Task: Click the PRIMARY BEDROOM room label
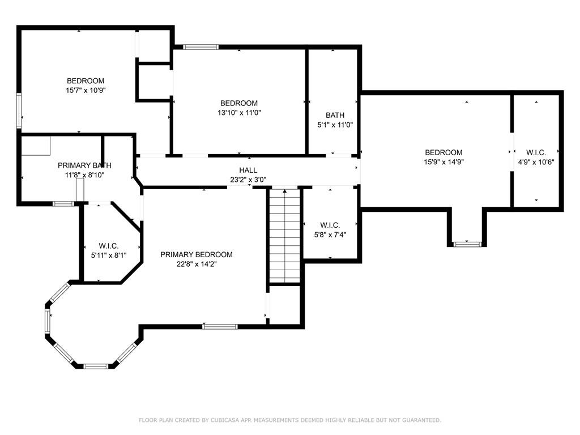tap(197, 254)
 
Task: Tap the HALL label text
tap(248, 170)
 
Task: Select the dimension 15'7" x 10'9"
tap(86, 90)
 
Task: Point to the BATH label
tap(335, 116)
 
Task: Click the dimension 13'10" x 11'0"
tap(240, 113)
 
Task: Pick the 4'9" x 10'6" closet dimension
tap(536, 162)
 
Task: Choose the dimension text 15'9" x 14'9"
tap(444, 161)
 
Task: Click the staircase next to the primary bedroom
tap(284, 236)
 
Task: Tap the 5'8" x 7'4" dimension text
tap(330, 234)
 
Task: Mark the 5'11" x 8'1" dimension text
tap(109, 255)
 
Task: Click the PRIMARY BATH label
tap(84, 165)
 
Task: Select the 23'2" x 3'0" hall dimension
tap(248, 180)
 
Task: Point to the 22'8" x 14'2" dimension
tap(197, 264)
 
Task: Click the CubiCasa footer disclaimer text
tap(290, 420)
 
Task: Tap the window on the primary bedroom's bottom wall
tap(220, 326)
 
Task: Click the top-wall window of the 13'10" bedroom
tap(201, 47)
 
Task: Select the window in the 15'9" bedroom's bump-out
tap(467, 244)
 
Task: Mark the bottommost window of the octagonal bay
tap(95, 366)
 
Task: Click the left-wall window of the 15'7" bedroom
tap(19, 110)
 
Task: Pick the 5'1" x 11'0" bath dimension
tap(335, 125)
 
